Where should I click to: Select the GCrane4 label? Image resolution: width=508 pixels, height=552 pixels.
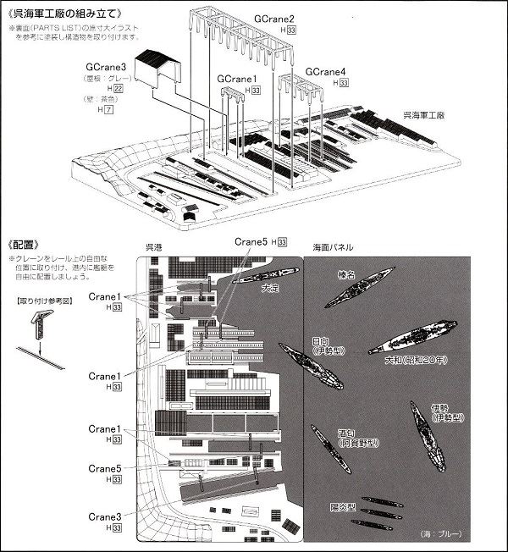click(326, 71)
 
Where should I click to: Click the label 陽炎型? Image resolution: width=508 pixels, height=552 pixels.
click(345, 507)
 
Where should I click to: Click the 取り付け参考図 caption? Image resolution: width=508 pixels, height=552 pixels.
click(41, 301)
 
